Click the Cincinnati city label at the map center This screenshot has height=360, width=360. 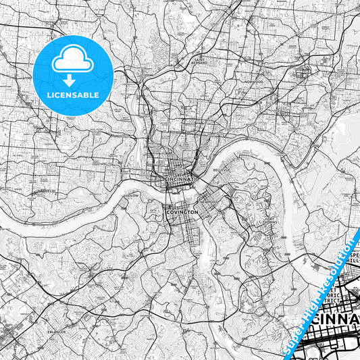pyautogui.click(x=180, y=179)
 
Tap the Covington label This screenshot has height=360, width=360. pyautogui.click(x=182, y=212)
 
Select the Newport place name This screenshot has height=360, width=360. pyautogui.click(x=208, y=201)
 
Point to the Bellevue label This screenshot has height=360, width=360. pyautogui.click(x=222, y=170)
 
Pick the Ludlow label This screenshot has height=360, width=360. pyautogui.click(x=132, y=196)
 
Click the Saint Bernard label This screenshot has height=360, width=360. pyautogui.click(x=200, y=60)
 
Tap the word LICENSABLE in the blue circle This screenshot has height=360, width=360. pyautogui.click(x=72, y=95)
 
